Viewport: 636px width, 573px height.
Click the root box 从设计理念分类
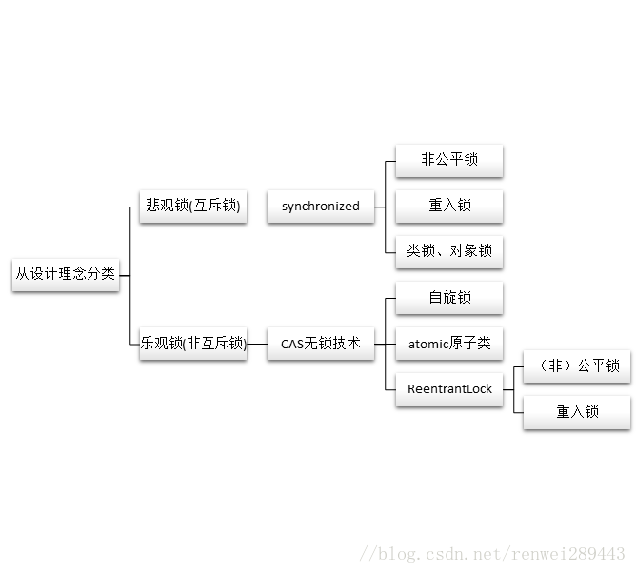coord(65,274)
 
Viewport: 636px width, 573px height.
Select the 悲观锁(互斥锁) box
coord(193,206)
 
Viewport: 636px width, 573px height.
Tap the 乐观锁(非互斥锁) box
coord(193,344)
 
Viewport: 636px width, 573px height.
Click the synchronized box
coord(321,206)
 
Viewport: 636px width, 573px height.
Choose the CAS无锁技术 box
coord(321,344)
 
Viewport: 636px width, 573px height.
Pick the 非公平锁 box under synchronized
coord(448,160)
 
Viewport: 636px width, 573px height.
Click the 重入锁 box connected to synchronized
coord(448,206)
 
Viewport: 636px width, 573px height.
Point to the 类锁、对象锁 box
coord(448,251)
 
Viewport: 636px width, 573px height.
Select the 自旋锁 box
coord(448,298)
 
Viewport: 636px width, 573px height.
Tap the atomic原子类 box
coord(448,344)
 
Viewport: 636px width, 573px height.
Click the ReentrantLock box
coord(448,389)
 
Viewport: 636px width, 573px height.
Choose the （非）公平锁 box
coord(577,366)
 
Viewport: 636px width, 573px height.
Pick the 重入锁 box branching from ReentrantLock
coord(577,412)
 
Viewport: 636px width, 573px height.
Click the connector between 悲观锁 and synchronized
coord(257,206)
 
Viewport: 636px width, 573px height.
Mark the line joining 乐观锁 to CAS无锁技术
coord(257,344)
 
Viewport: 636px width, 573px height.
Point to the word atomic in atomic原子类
coord(427,344)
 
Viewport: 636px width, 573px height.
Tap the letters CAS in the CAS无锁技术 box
coord(291,344)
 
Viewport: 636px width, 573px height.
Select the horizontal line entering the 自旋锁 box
coord(390,298)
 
